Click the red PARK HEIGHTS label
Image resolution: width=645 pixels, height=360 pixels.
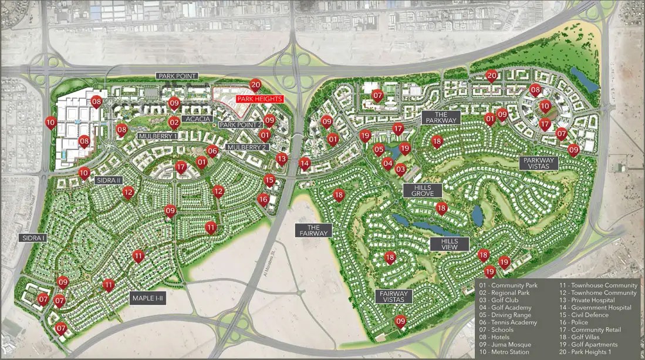point(259,99)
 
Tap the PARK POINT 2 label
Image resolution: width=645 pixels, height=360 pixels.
point(241,125)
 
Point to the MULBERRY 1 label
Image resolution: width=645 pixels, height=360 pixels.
point(158,136)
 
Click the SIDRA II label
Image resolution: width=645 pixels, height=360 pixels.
point(108,180)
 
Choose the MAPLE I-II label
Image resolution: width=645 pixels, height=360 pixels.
point(148,298)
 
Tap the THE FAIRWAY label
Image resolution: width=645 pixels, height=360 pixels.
point(313,230)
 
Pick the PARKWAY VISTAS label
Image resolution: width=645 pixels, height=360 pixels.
point(539,163)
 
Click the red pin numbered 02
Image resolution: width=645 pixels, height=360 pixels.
point(174,122)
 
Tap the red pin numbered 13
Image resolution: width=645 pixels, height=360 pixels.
point(282,158)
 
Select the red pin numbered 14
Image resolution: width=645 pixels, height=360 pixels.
point(304,163)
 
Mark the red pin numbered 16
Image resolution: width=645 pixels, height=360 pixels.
point(263,199)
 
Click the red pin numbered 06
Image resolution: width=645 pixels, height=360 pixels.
point(212,150)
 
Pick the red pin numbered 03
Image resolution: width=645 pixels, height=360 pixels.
point(400,169)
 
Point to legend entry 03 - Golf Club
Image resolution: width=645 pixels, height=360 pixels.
point(499,300)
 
